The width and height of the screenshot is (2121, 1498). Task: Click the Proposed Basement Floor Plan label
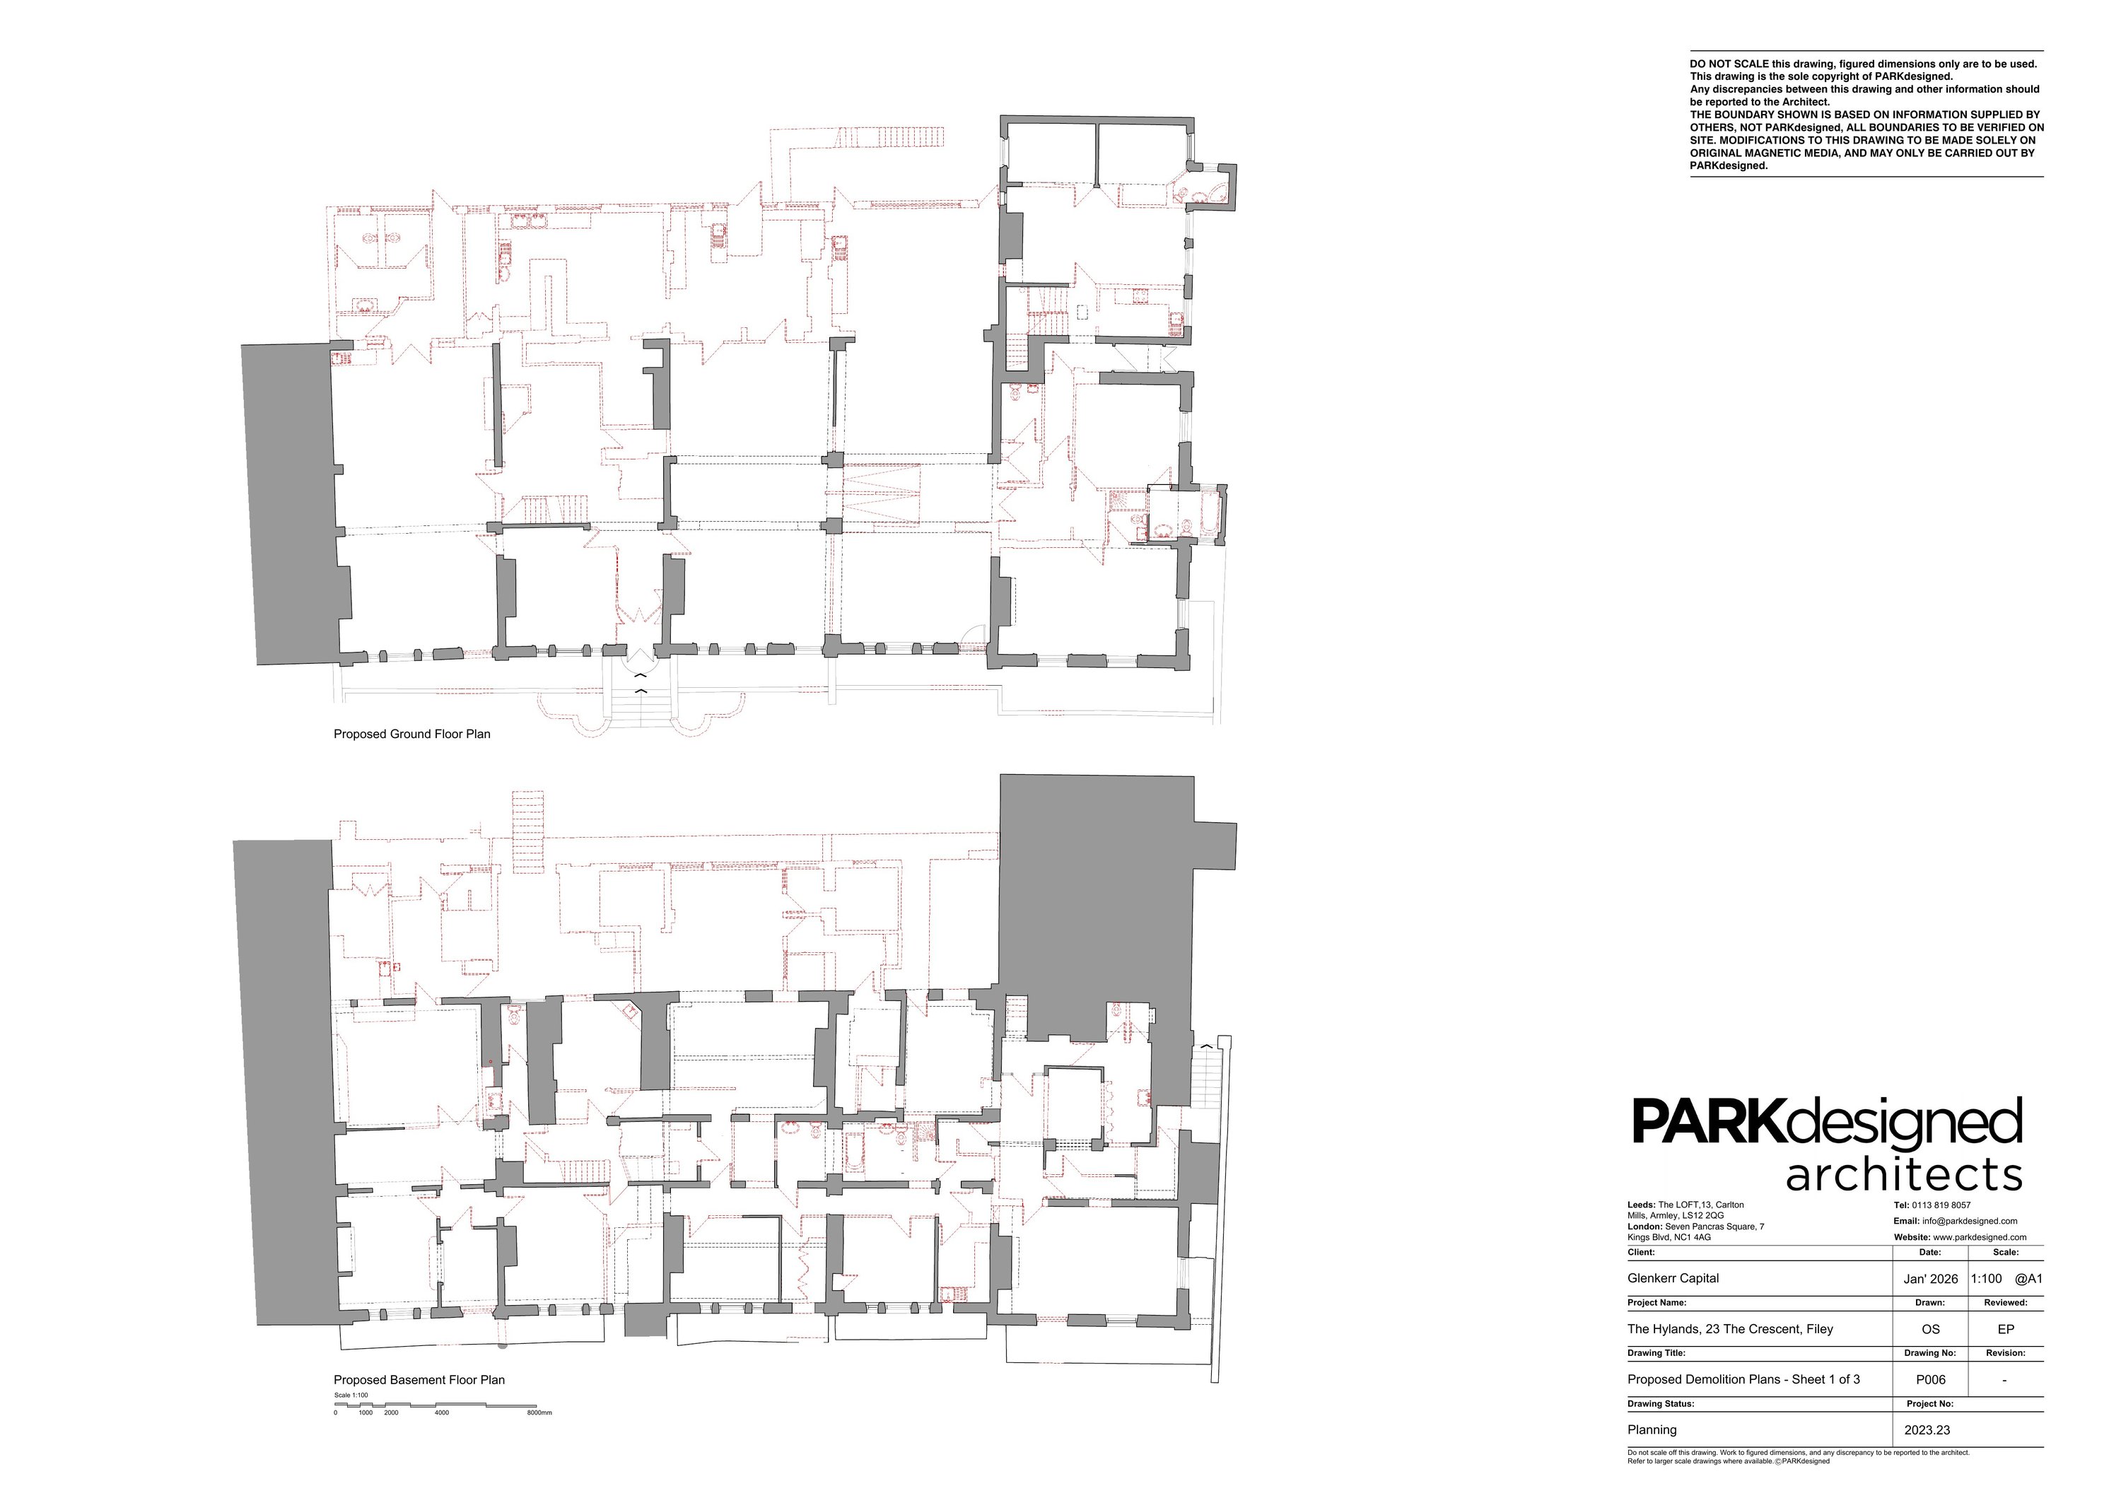pos(419,1380)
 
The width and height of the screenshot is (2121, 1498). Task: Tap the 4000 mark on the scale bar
pos(442,1412)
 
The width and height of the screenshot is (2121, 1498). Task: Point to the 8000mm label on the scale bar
pos(539,1412)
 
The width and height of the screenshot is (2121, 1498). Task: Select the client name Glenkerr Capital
pos(1673,1278)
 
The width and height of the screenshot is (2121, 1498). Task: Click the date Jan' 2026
pos(1931,1279)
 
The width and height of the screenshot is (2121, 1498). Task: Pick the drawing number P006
pos(1931,1380)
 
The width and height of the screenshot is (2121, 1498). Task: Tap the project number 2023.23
pos(1927,1429)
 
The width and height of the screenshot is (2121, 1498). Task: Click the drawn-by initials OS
pos(1930,1329)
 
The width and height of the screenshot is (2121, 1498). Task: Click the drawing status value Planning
pos(1652,1429)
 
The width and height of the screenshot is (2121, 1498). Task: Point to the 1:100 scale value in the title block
pos(1986,1279)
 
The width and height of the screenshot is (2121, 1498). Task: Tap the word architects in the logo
pos(1903,1176)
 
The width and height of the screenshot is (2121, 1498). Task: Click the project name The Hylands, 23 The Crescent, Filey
pos(1730,1329)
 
